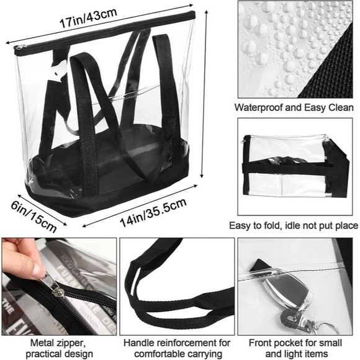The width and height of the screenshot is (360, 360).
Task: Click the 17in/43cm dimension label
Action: (88, 19)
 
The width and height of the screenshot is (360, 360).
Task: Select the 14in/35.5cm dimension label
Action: (153, 212)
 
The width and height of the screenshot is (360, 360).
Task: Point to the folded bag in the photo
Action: (295, 166)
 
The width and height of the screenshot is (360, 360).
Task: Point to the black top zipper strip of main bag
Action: (105, 32)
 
